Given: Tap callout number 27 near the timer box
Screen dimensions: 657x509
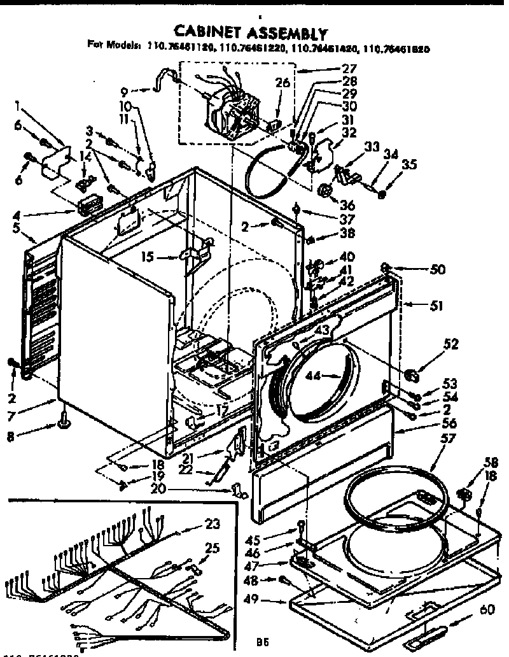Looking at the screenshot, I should [x=367, y=68].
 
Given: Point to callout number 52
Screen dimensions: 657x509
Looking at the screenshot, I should [x=451, y=344].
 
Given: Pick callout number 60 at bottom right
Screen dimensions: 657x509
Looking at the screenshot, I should [x=487, y=610].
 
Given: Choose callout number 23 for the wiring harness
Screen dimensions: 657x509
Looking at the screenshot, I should [x=213, y=525].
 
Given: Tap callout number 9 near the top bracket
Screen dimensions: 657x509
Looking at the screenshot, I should [x=125, y=90].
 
